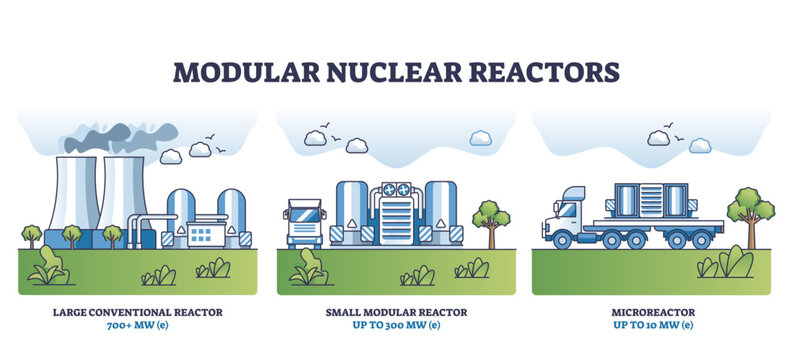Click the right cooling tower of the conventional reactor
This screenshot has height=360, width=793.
(123, 195)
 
